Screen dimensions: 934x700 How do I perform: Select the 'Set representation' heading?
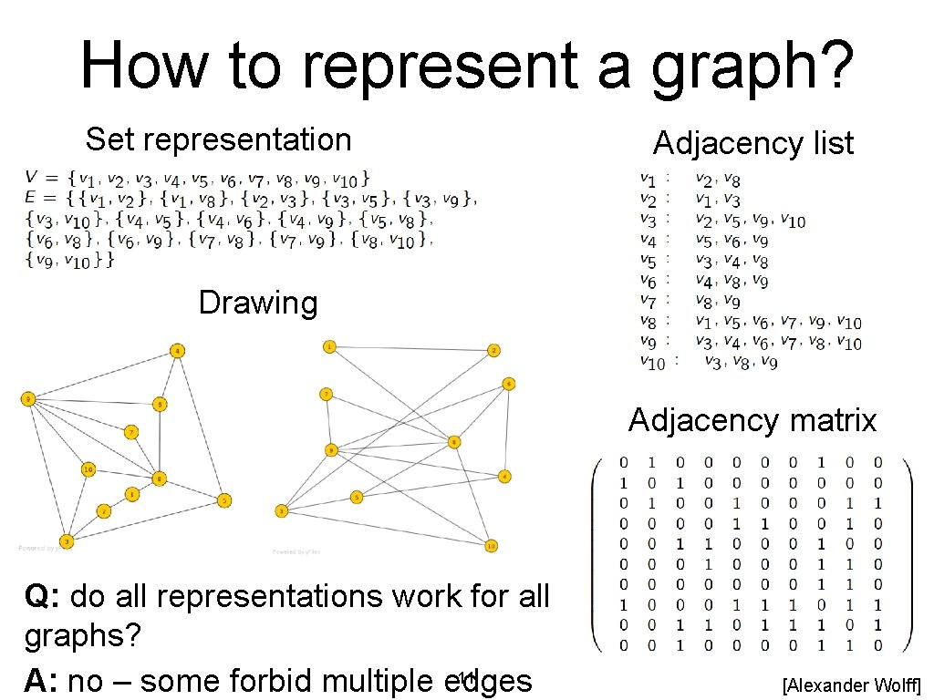(218, 139)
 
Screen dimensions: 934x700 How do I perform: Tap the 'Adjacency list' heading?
(752, 143)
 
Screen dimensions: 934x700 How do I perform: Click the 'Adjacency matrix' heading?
(752, 420)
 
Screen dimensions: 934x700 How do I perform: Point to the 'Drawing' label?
(258, 303)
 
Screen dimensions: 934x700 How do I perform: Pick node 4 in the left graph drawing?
(178, 351)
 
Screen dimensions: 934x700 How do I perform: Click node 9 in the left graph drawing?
(28, 398)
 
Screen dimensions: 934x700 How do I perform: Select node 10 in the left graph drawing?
(88, 469)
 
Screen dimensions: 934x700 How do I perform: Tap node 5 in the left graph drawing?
(223, 499)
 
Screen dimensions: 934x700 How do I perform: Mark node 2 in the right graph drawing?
(493, 350)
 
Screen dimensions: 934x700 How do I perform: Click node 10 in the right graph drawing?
(491, 545)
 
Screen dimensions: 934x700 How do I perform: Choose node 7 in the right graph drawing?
(326, 394)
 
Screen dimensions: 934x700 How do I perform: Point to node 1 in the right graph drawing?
(329, 346)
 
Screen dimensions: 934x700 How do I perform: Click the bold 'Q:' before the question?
(43, 596)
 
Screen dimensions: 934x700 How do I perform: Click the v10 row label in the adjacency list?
(652, 362)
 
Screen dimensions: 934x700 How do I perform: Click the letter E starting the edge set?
(30, 196)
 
